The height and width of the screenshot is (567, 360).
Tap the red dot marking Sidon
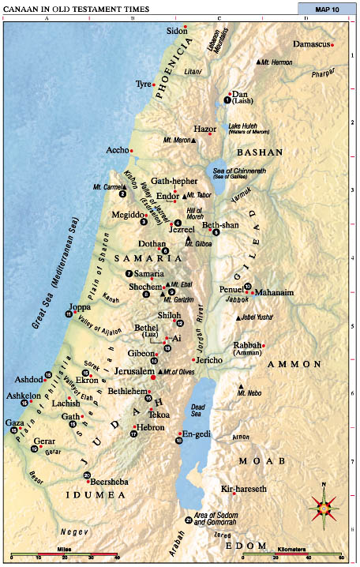click(186, 28)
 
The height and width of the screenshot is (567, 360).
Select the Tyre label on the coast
click(142, 83)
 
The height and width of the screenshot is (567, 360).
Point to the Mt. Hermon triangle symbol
click(258, 62)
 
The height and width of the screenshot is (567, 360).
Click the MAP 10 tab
click(321, 9)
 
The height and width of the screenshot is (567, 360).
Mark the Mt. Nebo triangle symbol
click(240, 386)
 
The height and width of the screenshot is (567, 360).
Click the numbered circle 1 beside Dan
click(227, 100)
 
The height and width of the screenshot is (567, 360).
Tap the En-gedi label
click(195, 433)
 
